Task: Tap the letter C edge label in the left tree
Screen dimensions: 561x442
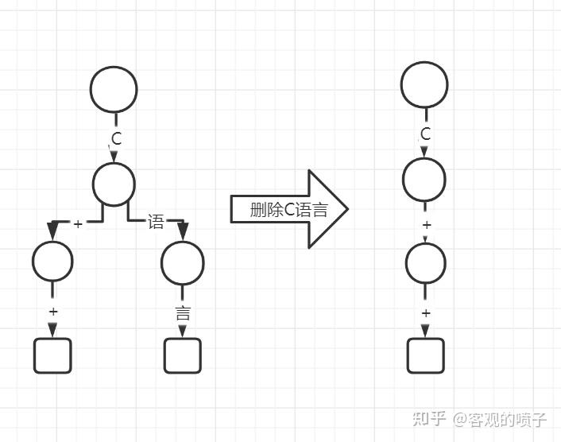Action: pyautogui.click(x=117, y=138)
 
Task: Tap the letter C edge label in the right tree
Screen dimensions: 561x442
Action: pyautogui.click(x=425, y=134)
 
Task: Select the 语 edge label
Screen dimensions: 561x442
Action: pyautogui.click(x=156, y=222)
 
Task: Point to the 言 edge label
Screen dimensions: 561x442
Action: pyautogui.click(x=183, y=313)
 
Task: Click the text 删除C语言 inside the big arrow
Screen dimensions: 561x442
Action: pyautogui.click(x=288, y=209)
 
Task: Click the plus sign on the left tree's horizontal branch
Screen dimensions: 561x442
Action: pyautogui.click(x=78, y=224)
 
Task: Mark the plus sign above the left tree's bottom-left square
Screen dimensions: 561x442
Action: pyautogui.click(x=53, y=312)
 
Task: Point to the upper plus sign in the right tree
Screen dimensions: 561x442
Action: pyautogui.click(x=427, y=225)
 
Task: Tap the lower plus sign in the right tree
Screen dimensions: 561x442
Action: pyautogui.click(x=426, y=313)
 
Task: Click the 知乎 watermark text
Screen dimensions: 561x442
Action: pyautogui.click(x=429, y=419)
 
